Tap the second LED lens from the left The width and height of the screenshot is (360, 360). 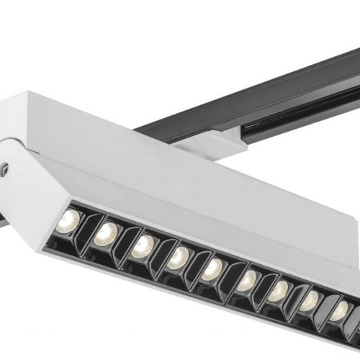(106, 231)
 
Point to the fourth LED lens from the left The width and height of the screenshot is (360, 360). (178, 256)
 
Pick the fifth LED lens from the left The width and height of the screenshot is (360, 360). (212, 269)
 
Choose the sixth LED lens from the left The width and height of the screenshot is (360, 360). (246, 280)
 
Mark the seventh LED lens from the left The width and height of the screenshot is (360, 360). (279, 291)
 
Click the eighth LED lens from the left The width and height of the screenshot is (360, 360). (310, 301)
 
